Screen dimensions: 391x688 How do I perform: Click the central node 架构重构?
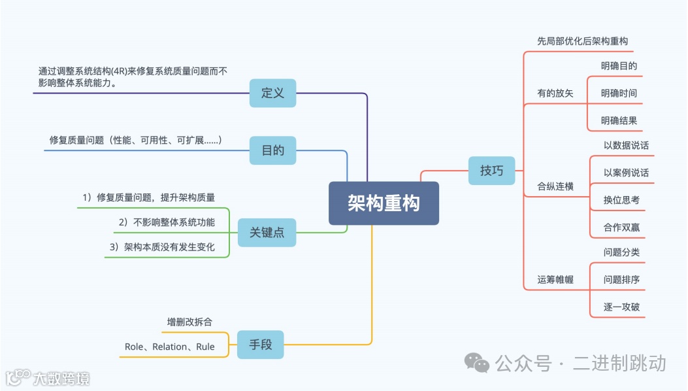[384, 203]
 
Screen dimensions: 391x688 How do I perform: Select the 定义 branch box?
[272, 93]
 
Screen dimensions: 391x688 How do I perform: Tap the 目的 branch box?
[272, 150]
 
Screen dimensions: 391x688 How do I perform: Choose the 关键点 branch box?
[267, 232]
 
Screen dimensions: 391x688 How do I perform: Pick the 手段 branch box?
[261, 345]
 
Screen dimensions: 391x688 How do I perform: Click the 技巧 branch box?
[491, 171]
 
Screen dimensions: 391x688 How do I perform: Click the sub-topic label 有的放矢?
[555, 93]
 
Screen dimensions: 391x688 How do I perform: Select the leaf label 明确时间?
[619, 93]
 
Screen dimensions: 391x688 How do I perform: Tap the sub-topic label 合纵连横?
[555, 186]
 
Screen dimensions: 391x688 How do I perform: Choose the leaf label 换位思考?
[621, 200]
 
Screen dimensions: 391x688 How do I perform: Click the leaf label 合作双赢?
[621, 228]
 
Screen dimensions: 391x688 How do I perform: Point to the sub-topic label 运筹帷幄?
[555, 279]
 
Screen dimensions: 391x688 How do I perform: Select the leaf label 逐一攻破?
[621, 307]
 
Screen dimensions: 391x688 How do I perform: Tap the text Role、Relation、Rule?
[169, 347]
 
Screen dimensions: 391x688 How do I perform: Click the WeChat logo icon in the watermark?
[477, 363]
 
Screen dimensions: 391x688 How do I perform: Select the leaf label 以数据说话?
[626, 145]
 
